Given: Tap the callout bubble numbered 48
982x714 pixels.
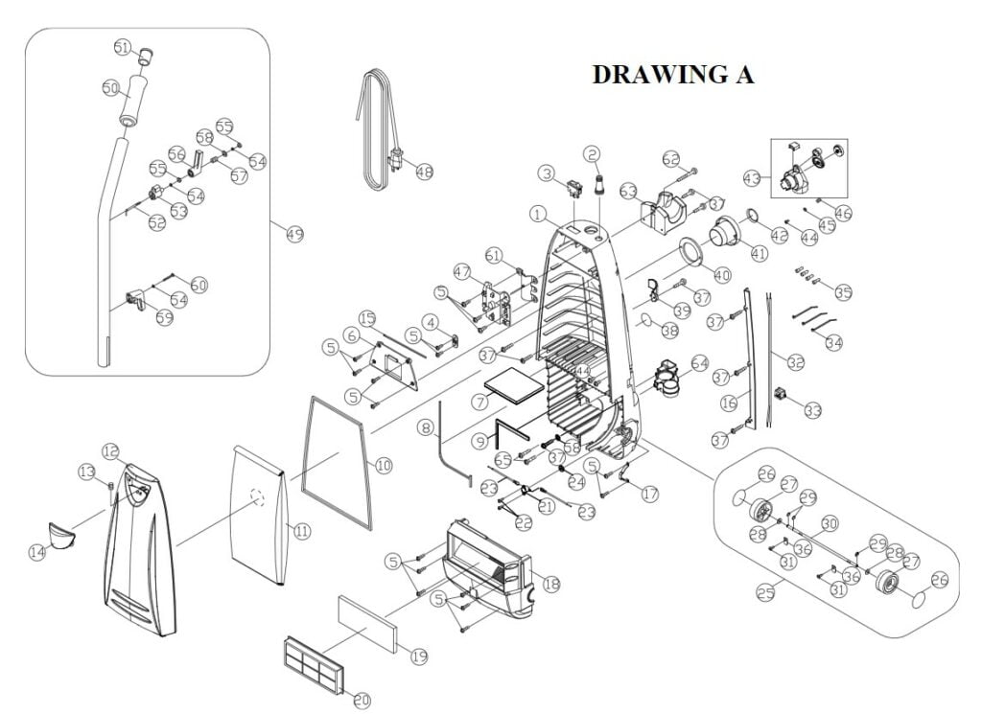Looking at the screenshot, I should pos(424,172).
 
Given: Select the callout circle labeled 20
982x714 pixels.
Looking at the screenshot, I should pos(362,701).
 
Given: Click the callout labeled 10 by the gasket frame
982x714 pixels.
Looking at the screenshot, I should pos(383,465).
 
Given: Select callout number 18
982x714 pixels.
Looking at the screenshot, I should pos(550,584).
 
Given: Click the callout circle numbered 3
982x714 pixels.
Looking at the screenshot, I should pos(546,173).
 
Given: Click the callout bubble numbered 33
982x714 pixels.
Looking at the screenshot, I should pos(813,410).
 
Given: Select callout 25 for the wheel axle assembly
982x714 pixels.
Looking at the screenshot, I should pos(765,594).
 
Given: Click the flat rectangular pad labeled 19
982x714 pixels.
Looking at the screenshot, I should pos(367,622).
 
